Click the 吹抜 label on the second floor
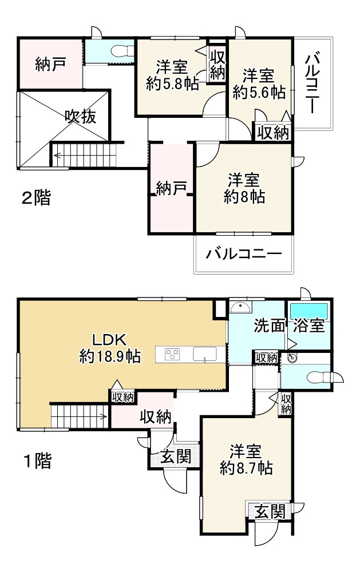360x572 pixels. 80,117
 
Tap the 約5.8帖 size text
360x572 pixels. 172,84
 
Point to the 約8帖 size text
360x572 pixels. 244,197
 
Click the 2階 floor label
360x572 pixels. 36,198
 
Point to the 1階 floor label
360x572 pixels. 36,460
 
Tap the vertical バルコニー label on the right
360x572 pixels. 312,82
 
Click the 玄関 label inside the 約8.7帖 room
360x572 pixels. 269,511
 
